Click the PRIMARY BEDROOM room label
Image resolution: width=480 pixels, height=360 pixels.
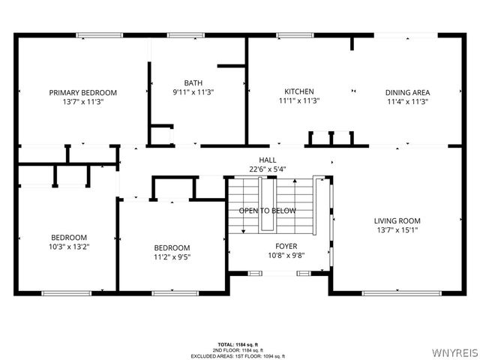pyautogui.click(x=83, y=92)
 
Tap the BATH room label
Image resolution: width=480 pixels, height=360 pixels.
pyautogui.click(x=193, y=82)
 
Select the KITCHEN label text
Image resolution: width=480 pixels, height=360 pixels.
pyautogui.click(x=298, y=91)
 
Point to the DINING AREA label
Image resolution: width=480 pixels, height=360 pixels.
pyautogui.click(x=407, y=92)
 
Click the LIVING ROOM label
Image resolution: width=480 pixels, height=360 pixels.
pyautogui.click(x=397, y=220)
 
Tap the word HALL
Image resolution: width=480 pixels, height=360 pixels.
pyautogui.click(x=268, y=160)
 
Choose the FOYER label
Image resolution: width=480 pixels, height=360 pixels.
pyautogui.click(x=286, y=246)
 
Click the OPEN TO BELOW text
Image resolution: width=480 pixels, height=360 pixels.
pyautogui.click(x=268, y=211)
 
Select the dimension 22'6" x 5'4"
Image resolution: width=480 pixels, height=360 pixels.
pyautogui.click(x=268, y=169)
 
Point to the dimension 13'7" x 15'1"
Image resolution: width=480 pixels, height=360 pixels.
pyautogui.click(x=397, y=230)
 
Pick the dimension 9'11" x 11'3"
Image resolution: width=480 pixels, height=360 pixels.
pyautogui.click(x=193, y=92)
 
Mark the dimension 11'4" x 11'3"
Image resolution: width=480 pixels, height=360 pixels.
pyautogui.click(x=407, y=101)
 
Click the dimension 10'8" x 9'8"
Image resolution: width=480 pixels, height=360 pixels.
pyautogui.click(x=286, y=255)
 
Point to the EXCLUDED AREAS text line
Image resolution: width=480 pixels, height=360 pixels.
pyautogui.click(x=247, y=355)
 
